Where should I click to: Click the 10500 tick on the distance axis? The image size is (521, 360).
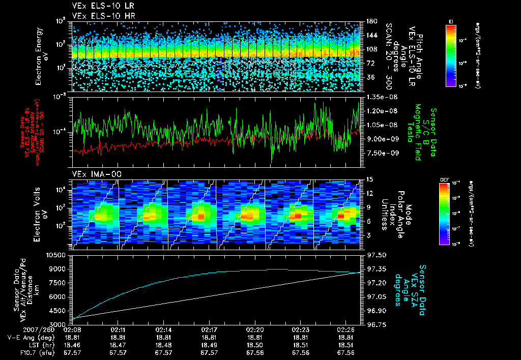tap(57, 255)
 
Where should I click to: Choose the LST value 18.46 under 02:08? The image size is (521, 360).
tap(72, 345)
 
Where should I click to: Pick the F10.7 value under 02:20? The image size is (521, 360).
tap(255, 352)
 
